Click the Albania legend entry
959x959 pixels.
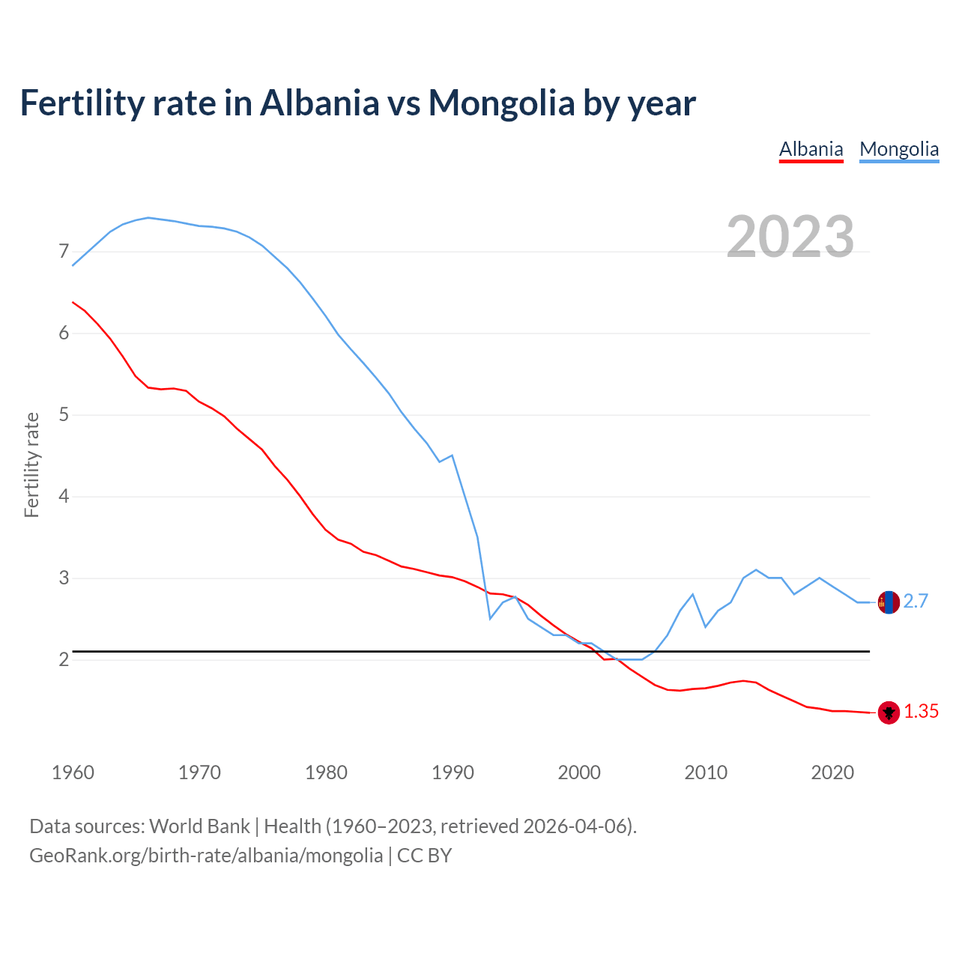(x=811, y=149)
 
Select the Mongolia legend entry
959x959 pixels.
(x=899, y=149)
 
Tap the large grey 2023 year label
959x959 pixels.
(x=790, y=237)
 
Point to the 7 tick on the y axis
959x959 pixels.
(x=64, y=252)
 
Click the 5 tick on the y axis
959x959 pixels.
(x=64, y=414)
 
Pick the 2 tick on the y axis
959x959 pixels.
(x=64, y=659)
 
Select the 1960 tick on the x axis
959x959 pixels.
(x=73, y=772)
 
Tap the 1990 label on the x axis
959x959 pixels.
(x=453, y=772)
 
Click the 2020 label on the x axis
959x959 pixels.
(x=832, y=772)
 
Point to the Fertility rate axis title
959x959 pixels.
(x=31, y=465)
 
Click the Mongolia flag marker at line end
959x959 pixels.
(x=889, y=602)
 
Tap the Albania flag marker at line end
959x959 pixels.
(x=889, y=713)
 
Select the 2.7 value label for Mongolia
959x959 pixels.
(x=916, y=602)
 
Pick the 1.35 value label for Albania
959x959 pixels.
(x=921, y=712)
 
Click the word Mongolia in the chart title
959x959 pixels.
(x=500, y=103)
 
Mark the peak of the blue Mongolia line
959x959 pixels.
(x=148, y=217)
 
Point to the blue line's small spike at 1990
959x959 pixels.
(x=452, y=455)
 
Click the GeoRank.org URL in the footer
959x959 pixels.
(x=206, y=855)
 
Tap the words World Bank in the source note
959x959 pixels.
(x=199, y=826)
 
